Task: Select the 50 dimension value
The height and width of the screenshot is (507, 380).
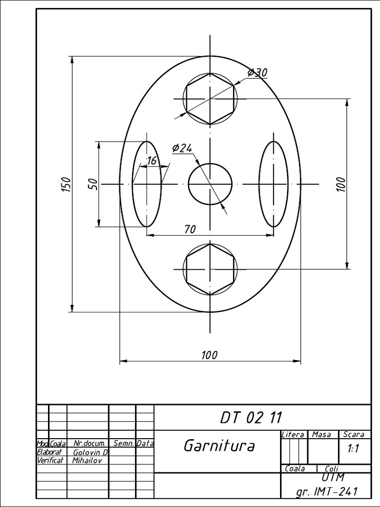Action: (93, 184)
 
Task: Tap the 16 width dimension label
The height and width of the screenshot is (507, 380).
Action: (151, 160)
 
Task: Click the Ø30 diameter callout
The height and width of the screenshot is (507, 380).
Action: (257, 73)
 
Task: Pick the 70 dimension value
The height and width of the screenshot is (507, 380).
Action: (190, 229)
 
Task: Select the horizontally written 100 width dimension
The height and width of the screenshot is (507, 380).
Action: (209, 355)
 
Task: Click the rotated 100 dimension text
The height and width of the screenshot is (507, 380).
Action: (341, 184)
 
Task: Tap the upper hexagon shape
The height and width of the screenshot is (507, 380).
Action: (210, 99)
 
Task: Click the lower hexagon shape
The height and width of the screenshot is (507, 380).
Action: (210, 269)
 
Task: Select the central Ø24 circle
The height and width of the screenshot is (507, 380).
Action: (210, 184)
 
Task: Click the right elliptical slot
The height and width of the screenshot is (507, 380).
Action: (274, 184)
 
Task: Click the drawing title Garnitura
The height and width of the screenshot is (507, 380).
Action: (219, 446)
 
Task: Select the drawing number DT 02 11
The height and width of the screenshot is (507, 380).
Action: (251, 417)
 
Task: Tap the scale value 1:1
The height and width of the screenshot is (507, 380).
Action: (353, 449)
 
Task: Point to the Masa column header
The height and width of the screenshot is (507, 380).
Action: (322, 434)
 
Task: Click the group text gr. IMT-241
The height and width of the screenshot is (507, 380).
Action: (326, 492)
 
